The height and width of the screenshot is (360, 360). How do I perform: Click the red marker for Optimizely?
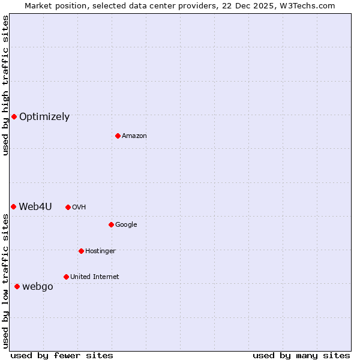(x=14, y=116)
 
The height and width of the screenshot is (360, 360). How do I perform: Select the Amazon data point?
(x=118, y=136)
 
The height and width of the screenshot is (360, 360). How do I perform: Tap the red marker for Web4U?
(x=13, y=206)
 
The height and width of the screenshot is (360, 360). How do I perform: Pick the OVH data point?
(x=68, y=207)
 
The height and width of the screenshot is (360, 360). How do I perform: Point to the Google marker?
(x=111, y=224)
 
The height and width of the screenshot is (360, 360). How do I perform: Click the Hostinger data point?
(x=81, y=251)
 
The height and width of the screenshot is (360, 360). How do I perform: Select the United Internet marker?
(x=66, y=277)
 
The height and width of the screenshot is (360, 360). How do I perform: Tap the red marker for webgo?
(x=17, y=286)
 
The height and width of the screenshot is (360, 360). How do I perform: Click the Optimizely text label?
(x=44, y=117)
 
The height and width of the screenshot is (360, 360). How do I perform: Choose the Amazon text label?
(x=134, y=136)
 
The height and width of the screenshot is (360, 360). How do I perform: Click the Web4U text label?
(x=35, y=207)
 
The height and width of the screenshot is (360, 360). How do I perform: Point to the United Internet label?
(x=95, y=277)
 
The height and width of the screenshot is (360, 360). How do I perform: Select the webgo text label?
(x=38, y=287)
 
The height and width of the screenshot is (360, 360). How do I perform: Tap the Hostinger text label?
(x=100, y=251)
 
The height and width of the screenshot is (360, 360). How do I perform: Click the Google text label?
(x=126, y=225)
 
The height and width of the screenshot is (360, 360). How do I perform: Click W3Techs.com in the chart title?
(x=305, y=5)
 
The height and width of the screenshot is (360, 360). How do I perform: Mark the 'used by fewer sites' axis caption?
(x=62, y=355)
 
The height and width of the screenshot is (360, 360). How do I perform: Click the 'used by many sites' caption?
(x=301, y=355)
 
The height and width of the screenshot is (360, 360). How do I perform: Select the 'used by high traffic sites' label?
(x=5, y=85)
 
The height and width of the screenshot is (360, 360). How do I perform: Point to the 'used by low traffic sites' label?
(x=5, y=281)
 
